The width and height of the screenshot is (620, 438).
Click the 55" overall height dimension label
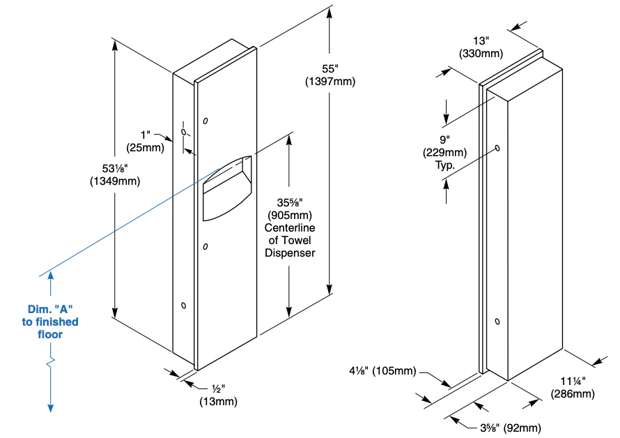[x=330, y=69]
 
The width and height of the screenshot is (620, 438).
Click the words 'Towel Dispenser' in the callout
[x=289, y=246]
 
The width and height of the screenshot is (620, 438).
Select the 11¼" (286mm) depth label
[x=572, y=388]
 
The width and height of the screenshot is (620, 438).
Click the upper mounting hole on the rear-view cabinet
[x=497, y=148]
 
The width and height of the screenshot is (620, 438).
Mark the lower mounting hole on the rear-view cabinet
[x=496, y=321]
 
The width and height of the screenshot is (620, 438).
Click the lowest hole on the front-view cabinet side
[x=183, y=305]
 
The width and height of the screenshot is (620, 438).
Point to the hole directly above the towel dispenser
[x=205, y=121]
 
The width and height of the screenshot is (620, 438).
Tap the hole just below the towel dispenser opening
[x=204, y=246]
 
